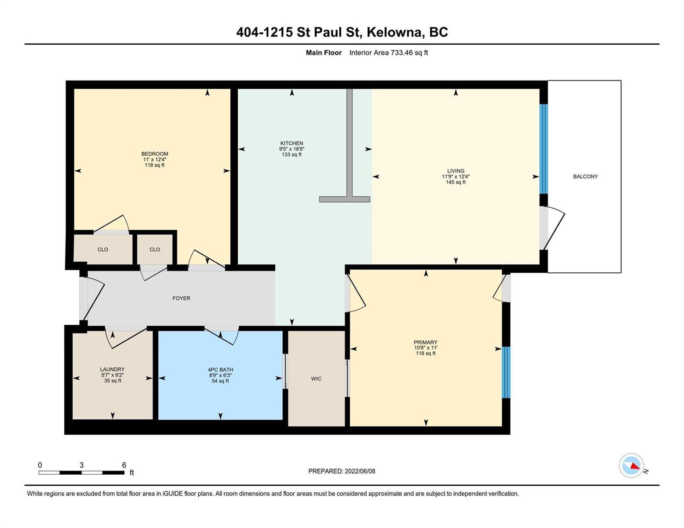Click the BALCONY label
[585, 176]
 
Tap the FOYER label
[181, 298]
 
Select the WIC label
[316, 379]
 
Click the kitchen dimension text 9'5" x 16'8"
[292, 149]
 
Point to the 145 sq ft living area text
[456, 182]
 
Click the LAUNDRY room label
[112, 369]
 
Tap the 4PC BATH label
[220, 370]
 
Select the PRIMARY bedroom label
[425, 342]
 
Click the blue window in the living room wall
[544, 149]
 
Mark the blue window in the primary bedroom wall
[506, 372]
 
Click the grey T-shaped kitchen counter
[349, 145]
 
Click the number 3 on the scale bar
[81, 465]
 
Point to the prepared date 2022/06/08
[360, 471]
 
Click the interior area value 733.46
[402, 52]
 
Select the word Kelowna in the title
[394, 32]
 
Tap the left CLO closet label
[103, 249]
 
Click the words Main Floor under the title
[324, 52]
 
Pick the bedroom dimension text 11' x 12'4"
[155, 159]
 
